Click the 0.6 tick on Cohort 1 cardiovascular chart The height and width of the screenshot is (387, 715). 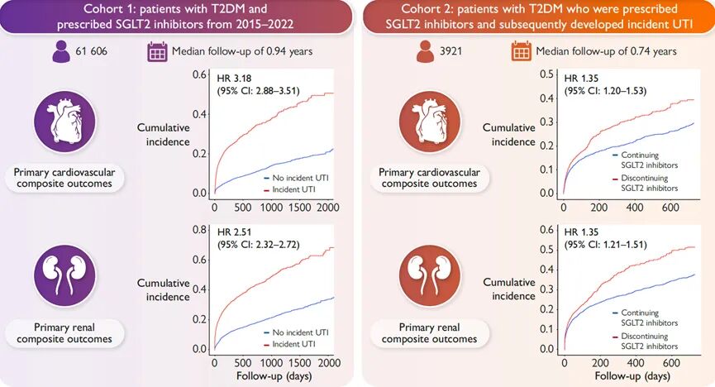[x=199, y=74]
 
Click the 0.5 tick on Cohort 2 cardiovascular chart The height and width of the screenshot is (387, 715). [x=546, y=74]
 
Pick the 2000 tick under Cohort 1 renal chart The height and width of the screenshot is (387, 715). [x=328, y=362]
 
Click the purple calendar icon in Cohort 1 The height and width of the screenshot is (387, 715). [x=156, y=51]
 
